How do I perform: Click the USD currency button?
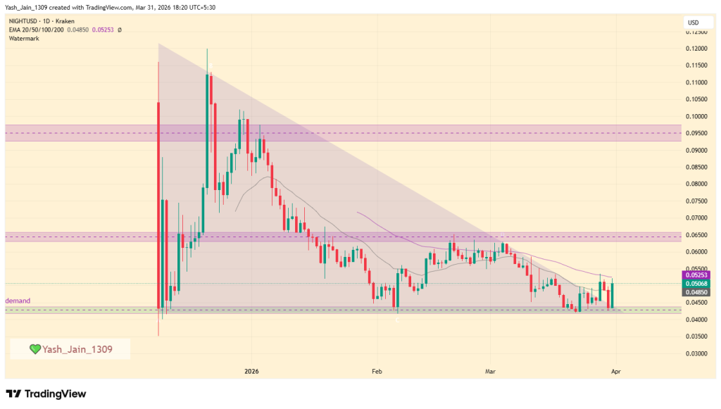(694, 24)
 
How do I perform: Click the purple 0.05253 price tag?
(696, 275)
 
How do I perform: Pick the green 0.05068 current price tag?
(696, 283)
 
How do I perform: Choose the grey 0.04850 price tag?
(696, 291)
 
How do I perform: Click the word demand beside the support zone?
(19, 301)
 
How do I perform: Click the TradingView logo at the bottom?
(46, 394)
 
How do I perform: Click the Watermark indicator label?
(24, 38)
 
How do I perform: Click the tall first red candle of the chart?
(158, 204)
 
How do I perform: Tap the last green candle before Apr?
(613, 295)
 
